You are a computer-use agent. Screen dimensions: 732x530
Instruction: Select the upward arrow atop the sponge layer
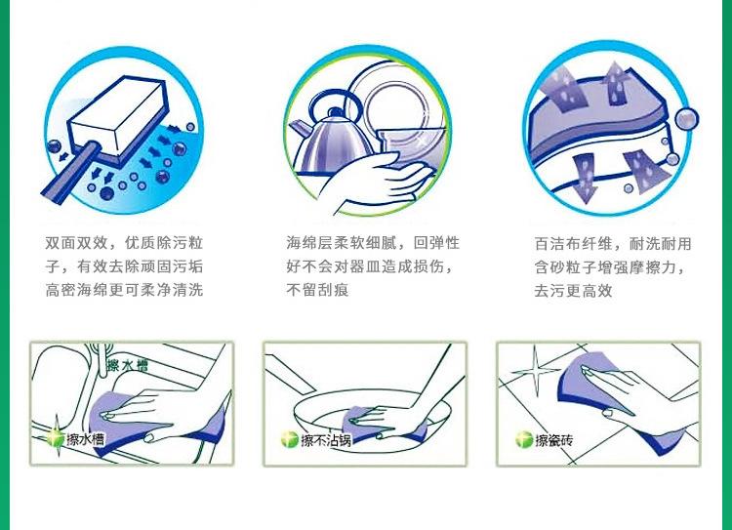615,83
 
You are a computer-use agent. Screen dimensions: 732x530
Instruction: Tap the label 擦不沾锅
326,440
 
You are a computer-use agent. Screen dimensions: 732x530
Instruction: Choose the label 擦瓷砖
553,440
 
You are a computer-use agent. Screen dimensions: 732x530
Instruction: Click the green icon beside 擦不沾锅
290,439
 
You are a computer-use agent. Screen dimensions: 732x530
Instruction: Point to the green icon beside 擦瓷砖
524,439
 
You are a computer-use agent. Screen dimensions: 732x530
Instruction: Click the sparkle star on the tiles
535,371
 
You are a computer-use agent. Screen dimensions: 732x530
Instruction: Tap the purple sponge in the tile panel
615,400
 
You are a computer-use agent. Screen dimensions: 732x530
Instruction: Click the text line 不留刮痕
317,290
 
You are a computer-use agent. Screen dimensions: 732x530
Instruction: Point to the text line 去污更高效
573,291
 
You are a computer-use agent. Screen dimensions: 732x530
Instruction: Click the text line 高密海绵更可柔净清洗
124,290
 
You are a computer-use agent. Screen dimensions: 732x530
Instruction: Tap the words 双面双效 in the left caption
76,243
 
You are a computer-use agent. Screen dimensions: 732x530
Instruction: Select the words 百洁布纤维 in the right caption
573,244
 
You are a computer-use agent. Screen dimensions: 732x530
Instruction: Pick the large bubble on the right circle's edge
687,119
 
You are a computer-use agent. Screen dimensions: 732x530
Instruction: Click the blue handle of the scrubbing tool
71,171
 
